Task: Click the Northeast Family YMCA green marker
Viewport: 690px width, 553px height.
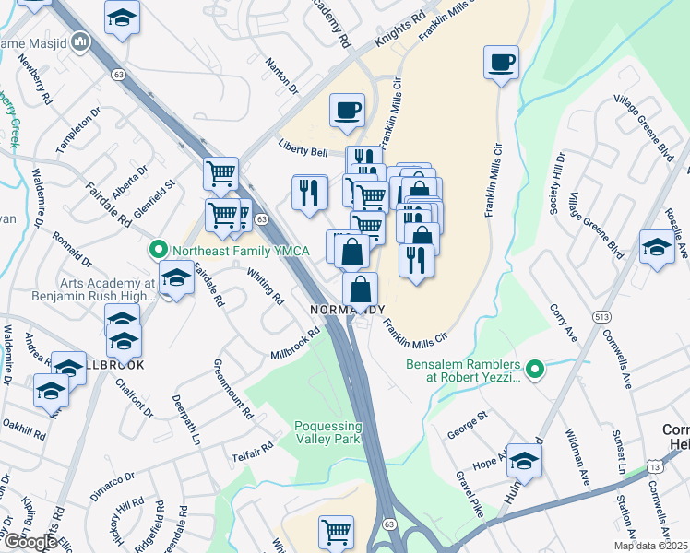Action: click(158, 249)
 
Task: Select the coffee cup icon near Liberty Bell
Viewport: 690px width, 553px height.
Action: click(348, 112)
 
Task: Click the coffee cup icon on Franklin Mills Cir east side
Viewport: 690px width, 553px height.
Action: click(501, 64)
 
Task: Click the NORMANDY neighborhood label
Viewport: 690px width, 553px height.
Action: click(347, 310)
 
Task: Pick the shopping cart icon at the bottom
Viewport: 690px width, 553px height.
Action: click(336, 532)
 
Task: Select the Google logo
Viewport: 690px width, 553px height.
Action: click(30, 542)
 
